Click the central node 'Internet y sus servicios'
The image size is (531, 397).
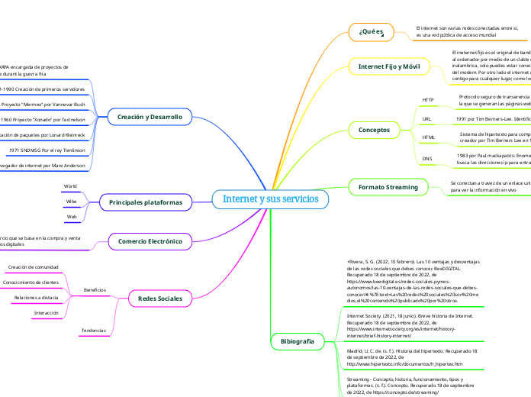point(271,199)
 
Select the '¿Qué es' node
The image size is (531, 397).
point(372,32)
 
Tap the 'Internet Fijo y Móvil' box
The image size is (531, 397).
point(389,67)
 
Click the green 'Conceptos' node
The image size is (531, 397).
point(374,131)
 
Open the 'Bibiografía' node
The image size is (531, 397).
point(297,342)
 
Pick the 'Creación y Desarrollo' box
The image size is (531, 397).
point(150,118)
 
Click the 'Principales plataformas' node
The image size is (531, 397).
point(145,202)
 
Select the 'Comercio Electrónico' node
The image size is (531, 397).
point(150,241)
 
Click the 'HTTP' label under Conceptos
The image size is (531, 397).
point(428,100)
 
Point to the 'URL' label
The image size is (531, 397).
point(426,120)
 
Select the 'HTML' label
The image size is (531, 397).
point(428,138)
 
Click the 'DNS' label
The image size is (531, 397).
point(427,159)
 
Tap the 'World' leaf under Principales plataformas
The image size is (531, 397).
point(70,186)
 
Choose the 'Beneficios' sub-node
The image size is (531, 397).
point(95,290)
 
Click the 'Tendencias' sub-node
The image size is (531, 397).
point(93,330)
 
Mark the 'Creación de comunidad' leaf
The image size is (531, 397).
point(33,267)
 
